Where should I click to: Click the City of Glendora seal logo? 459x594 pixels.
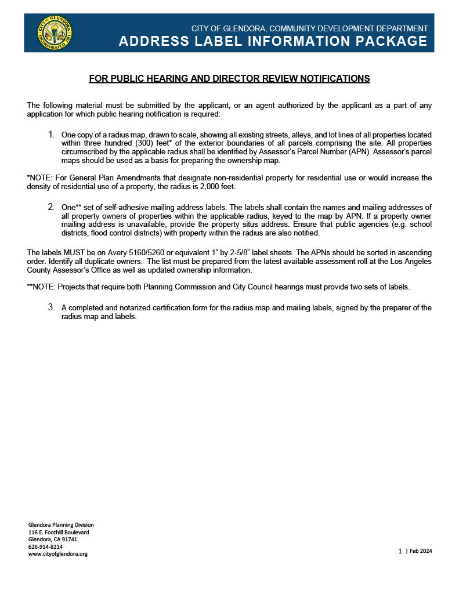click(x=55, y=33)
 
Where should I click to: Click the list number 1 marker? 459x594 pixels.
click(x=51, y=135)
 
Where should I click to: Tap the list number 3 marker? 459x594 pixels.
click(x=51, y=307)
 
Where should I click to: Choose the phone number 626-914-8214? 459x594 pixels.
click(x=45, y=546)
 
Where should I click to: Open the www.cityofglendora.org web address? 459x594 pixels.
click(x=58, y=554)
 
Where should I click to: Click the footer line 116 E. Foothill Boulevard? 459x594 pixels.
click(x=59, y=532)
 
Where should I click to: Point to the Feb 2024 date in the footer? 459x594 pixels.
click(x=420, y=551)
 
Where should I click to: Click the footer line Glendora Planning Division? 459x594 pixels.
click(x=61, y=524)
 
